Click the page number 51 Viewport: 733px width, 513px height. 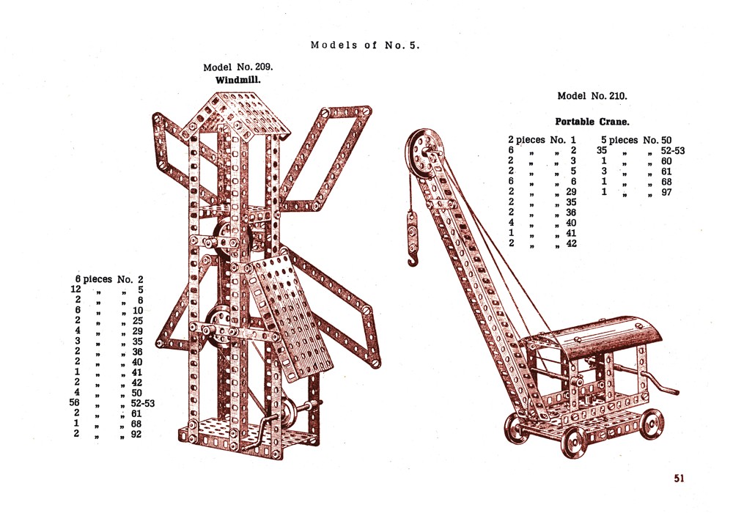click(679, 478)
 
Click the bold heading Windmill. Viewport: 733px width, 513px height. click(238, 80)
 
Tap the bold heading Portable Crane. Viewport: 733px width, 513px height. click(592, 122)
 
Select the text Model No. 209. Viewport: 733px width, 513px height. click(238, 67)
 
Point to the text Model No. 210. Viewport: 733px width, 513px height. click(592, 96)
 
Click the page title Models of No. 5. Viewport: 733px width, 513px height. click(365, 45)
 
